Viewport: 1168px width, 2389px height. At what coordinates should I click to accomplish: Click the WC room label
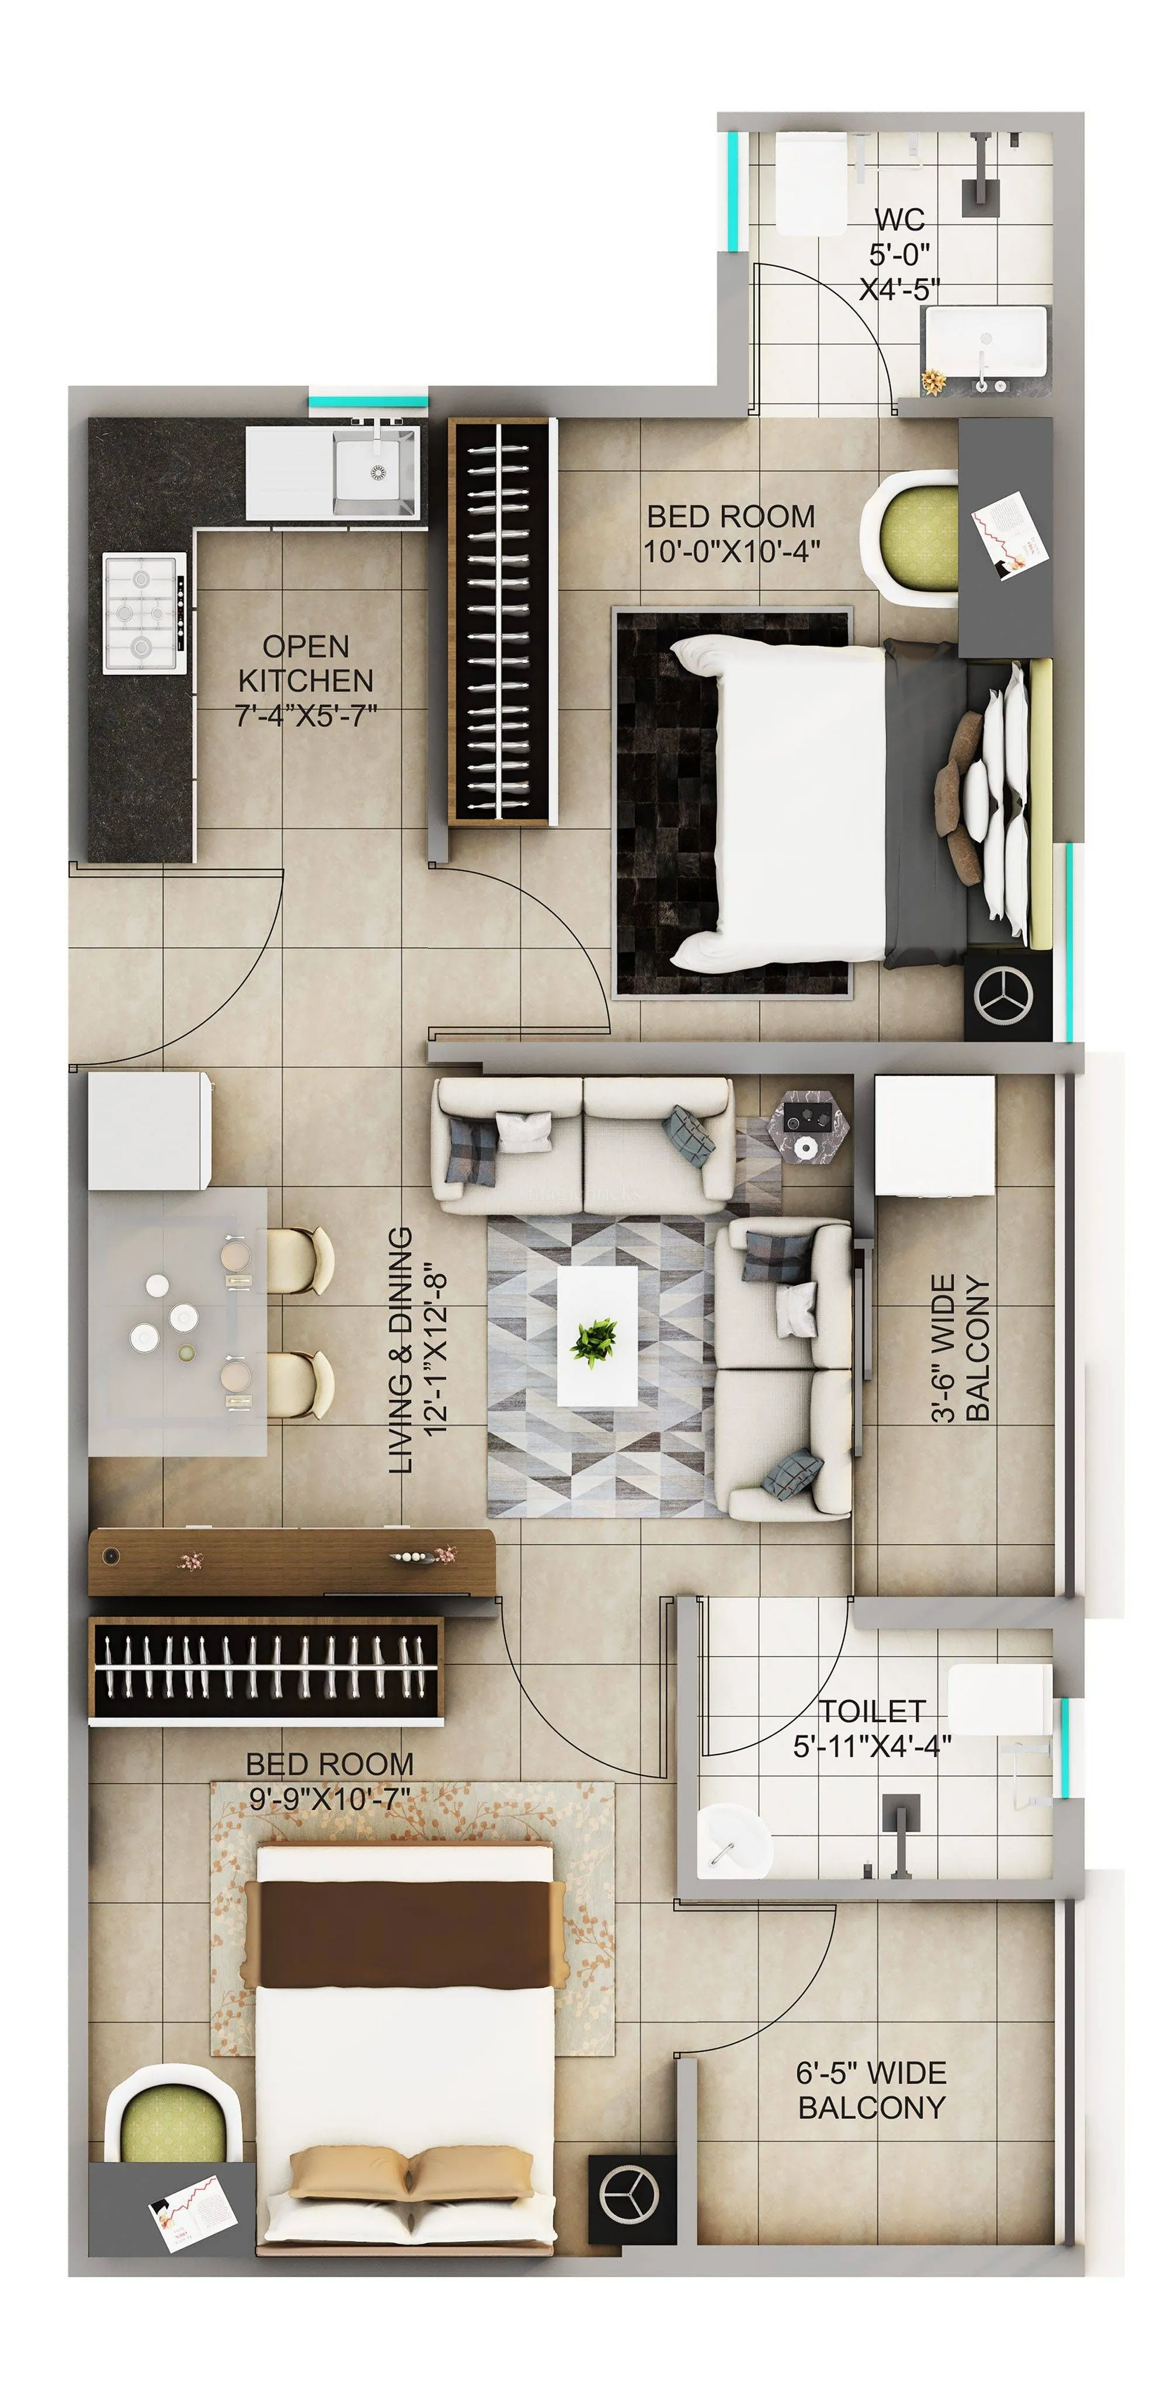pyautogui.click(x=899, y=220)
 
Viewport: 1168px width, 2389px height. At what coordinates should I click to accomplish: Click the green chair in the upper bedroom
pyautogui.click(x=913, y=539)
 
